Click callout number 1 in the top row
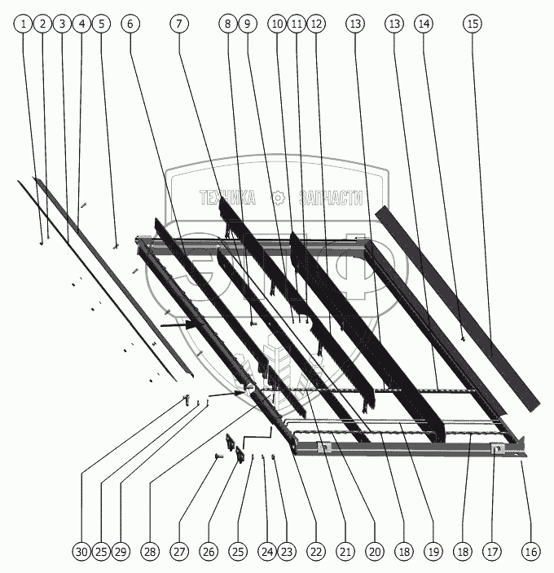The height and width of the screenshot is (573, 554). pyautogui.click(x=24, y=24)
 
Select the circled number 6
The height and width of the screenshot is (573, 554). pyautogui.click(x=130, y=24)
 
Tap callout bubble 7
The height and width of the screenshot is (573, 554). pyautogui.click(x=179, y=24)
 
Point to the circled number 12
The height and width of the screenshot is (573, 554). pyautogui.click(x=316, y=24)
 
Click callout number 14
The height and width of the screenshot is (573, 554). pyautogui.click(x=424, y=24)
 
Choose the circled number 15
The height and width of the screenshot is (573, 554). pyautogui.click(x=473, y=24)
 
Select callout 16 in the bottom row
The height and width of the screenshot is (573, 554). pyautogui.click(x=531, y=552)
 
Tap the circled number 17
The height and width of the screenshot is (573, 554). pyautogui.click(x=492, y=552)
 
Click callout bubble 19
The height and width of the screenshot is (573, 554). pyautogui.click(x=433, y=552)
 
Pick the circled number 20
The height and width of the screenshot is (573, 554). pyautogui.click(x=375, y=552)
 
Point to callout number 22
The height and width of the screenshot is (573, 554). pyautogui.click(x=316, y=552)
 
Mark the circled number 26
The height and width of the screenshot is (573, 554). pyautogui.click(x=209, y=552)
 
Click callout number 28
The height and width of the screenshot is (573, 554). pyautogui.click(x=150, y=552)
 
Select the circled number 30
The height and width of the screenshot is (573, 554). pyautogui.click(x=81, y=552)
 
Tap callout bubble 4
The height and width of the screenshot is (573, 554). pyautogui.click(x=81, y=24)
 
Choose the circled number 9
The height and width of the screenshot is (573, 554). pyautogui.click(x=248, y=24)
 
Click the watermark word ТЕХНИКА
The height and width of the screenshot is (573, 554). pyautogui.click(x=227, y=197)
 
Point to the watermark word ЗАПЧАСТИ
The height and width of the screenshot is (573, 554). pyautogui.click(x=332, y=198)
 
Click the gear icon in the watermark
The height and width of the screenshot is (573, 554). pyautogui.click(x=278, y=198)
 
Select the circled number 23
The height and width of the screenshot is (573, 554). pyautogui.click(x=287, y=552)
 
